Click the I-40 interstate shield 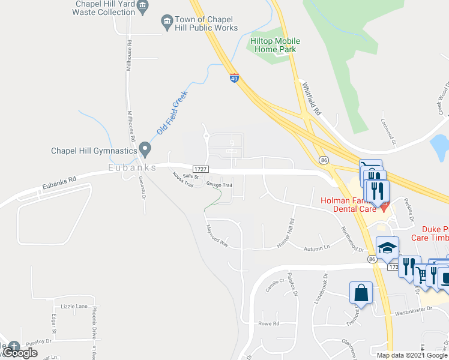(x=234, y=77)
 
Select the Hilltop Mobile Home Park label (x=274, y=45)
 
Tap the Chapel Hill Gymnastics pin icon (x=145, y=148)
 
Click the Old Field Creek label (x=172, y=112)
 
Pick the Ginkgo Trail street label (x=219, y=185)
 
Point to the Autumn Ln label (x=317, y=247)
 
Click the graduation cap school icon (x=387, y=248)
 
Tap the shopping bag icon (x=361, y=293)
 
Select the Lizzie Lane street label (x=74, y=306)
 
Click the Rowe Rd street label (x=269, y=324)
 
